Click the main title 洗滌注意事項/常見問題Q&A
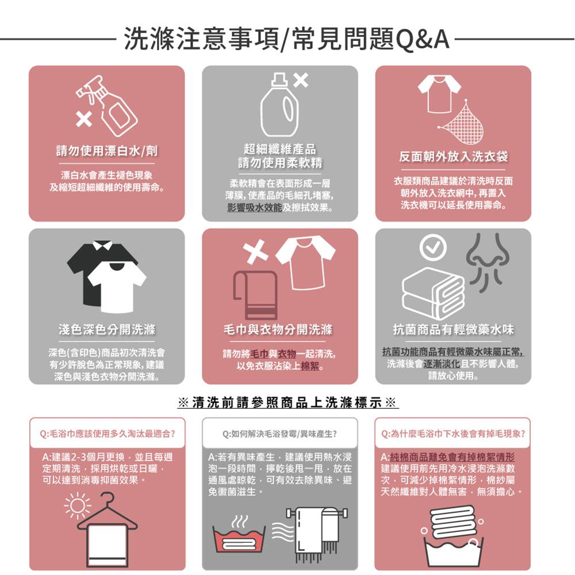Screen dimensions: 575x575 (286, 39)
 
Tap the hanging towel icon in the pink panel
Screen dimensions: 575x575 (255, 293)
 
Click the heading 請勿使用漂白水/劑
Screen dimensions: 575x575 (107, 151)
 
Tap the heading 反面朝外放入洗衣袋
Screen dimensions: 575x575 (454, 157)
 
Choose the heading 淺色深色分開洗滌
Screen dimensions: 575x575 (107, 329)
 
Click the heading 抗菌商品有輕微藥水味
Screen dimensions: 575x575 (453, 329)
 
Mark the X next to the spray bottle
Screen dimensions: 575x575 (84, 120)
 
